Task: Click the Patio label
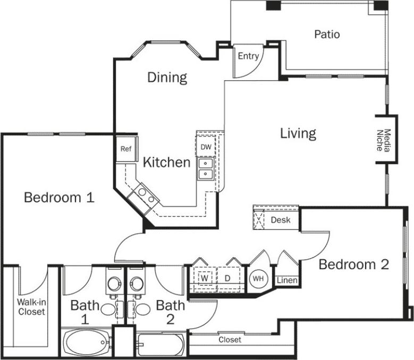[x=327, y=35]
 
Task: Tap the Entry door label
[x=248, y=56]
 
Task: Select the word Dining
[x=167, y=78]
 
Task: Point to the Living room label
[x=298, y=133]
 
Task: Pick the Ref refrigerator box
[x=125, y=149]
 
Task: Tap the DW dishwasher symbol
[x=206, y=147]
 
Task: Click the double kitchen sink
[x=205, y=169]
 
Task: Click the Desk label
[x=281, y=219]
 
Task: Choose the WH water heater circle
[x=258, y=278]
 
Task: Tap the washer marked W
[x=204, y=278]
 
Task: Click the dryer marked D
[x=226, y=278]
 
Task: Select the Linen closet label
[x=287, y=280]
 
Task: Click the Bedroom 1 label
[x=59, y=198]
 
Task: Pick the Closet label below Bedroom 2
[x=230, y=339]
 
